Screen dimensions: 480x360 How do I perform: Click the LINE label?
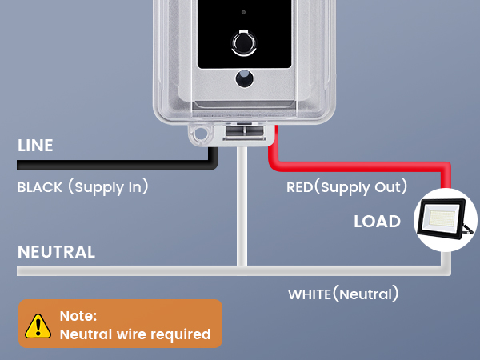tap(35, 145)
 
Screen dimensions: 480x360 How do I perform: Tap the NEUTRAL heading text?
tap(56, 252)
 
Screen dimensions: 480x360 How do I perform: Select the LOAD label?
tap(377, 221)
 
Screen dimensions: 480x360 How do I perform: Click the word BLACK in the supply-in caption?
tap(40, 187)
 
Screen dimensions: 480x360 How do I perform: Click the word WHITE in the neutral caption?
tap(310, 294)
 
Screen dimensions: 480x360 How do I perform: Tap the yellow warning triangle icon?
tap(38, 326)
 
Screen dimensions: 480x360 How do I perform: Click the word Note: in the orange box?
tap(78, 316)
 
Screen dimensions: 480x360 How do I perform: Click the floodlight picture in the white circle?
tap(445, 219)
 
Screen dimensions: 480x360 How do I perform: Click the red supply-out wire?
tap(362, 166)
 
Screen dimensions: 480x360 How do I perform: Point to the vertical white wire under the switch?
tap(242, 206)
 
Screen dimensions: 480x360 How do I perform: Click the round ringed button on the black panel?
tap(244, 43)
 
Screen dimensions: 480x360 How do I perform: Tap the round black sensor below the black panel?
tap(244, 78)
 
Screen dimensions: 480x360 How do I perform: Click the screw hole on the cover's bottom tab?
tap(201, 134)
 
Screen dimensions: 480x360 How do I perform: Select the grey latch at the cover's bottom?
tap(245, 132)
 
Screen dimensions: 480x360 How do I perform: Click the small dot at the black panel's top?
tap(243, 12)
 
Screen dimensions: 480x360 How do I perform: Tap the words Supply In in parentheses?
tap(108, 187)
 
